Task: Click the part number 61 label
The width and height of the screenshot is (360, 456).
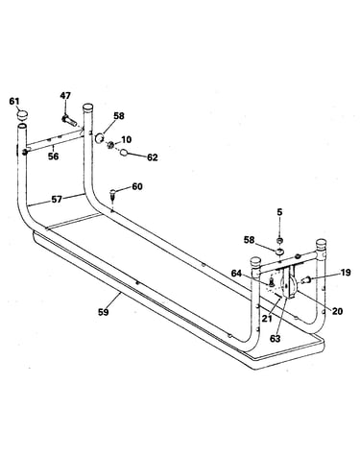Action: pos(14,102)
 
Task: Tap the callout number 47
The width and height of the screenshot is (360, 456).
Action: pos(65,95)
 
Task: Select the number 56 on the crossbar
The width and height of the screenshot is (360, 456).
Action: pos(54,156)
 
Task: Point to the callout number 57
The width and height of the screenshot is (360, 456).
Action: pos(57,200)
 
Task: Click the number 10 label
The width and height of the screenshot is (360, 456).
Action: pos(127,139)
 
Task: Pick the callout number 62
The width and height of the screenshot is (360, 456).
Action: pos(153,157)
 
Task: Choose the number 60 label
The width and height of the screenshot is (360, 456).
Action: pos(137,186)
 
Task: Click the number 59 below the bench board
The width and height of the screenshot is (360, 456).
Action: pos(104,311)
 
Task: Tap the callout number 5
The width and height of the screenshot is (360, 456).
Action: pos(279,212)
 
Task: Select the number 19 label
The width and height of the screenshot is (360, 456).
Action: pos(346,273)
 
